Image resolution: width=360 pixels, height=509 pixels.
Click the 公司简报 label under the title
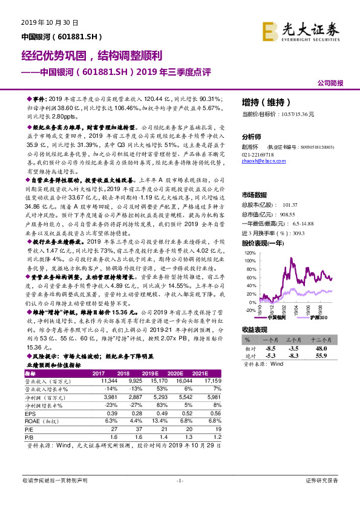331,82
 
